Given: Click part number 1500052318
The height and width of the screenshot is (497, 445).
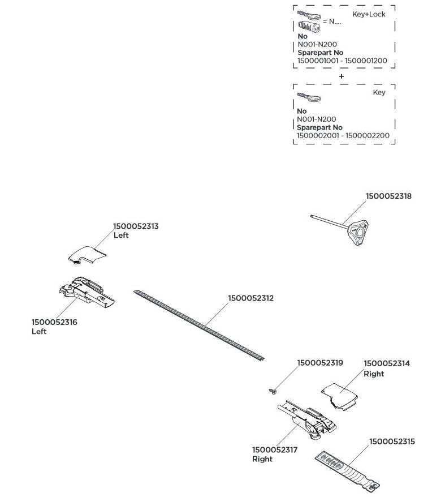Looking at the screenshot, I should click(x=388, y=196).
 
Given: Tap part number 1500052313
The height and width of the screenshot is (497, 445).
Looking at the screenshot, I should click(x=136, y=226).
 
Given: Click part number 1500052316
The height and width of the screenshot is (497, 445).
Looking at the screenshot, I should click(x=54, y=322).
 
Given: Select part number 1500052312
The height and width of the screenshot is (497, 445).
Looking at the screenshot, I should click(x=250, y=298).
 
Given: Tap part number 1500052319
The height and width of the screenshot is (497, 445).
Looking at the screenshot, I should click(x=320, y=363).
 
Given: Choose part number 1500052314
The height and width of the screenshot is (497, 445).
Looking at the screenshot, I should click(x=387, y=363).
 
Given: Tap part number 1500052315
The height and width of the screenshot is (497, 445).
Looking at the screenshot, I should click(x=392, y=441).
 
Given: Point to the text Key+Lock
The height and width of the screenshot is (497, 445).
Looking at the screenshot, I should click(x=369, y=14).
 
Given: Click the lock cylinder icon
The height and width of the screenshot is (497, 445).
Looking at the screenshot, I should click(x=309, y=25).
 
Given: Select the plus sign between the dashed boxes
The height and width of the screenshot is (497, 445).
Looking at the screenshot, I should click(x=341, y=76).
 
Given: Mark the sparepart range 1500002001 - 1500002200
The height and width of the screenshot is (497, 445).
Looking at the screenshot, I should click(x=343, y=136).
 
